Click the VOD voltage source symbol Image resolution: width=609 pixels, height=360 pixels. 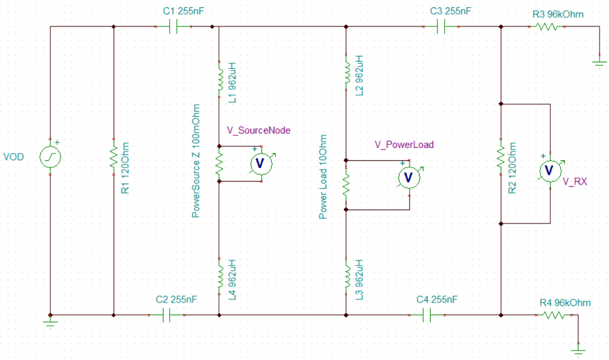[x=50, y=157]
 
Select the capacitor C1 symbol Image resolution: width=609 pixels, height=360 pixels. [x=174, y=27]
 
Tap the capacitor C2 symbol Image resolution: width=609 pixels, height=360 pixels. [x=166, y=315]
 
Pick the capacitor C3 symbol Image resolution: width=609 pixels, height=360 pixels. [x=441, y=27]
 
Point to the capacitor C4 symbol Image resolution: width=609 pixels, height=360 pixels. [x=427, y=315]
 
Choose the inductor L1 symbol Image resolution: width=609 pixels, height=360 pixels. [x=219, y=79]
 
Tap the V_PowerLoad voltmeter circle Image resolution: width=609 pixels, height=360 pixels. [x=408, y=176]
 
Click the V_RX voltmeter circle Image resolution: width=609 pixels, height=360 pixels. [x=550, y=171]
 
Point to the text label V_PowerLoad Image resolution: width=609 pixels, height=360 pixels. [x=404, y=145]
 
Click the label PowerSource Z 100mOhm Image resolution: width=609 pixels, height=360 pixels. [x=196, y=161]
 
